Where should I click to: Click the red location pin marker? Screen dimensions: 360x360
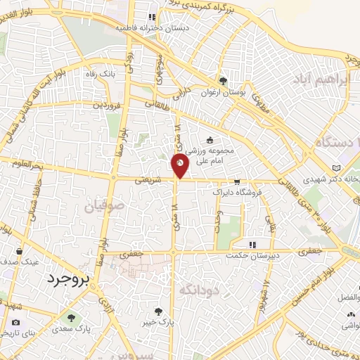click(x=181, y=167)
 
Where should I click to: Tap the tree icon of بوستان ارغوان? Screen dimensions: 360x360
click(x=224, y=80)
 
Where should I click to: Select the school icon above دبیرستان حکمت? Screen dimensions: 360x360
click(x=254, y=245)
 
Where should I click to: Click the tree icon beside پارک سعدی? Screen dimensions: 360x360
click(x=69, y=317)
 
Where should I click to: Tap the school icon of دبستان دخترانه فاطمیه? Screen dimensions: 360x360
click(x=150, y=17)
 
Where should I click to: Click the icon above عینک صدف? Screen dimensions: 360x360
click(x=25, y=250)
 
